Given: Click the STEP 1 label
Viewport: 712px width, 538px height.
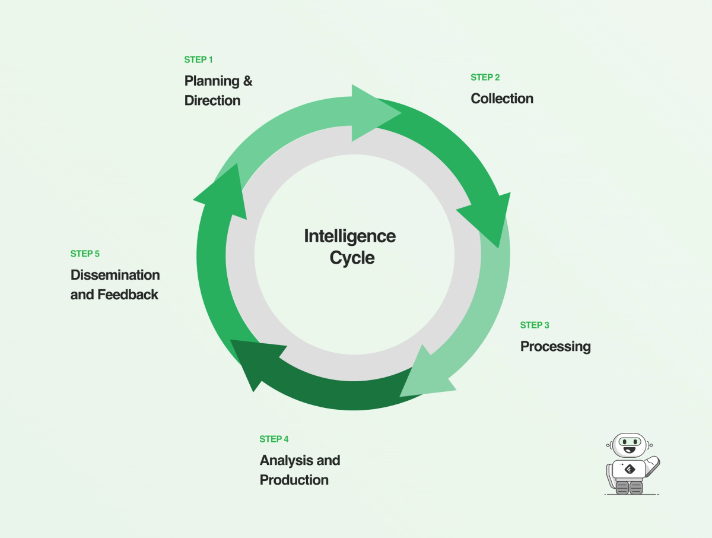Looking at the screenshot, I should point(198,60).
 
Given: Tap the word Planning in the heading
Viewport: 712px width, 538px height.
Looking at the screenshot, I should point(211,81).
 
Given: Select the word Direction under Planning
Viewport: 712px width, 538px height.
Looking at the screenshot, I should point(212,101).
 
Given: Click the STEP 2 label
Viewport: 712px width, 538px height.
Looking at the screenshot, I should point(485,78).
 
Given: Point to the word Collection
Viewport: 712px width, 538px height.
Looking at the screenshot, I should point(502,99).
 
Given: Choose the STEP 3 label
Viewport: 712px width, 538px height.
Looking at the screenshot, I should point(535,325).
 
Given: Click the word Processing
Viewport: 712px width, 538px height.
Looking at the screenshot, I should point(555,346).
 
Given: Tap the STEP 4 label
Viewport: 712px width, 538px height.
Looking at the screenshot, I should point(274,439).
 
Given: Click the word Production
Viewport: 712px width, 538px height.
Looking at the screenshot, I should point(294,480).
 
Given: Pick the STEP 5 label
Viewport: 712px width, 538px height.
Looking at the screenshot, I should point(85,254).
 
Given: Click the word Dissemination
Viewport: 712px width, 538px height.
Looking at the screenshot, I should point(115,275).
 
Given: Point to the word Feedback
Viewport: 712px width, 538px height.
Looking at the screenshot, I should point(128,295).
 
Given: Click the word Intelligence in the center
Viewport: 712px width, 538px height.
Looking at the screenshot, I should point(349,236).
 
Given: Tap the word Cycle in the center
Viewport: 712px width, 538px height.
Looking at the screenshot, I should point(352,258).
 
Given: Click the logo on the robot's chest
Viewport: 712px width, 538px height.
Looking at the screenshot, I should point(630,469).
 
